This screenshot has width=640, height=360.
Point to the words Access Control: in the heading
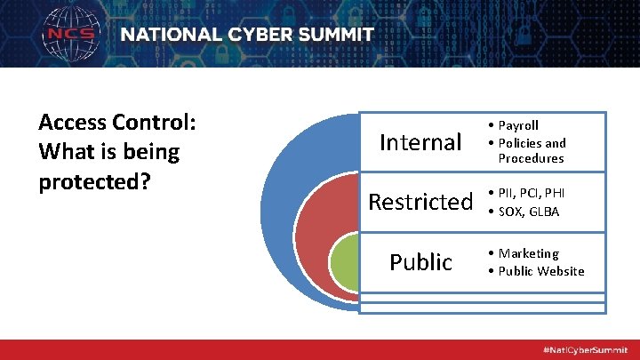click(116, 122)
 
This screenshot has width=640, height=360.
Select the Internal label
click(420, 142)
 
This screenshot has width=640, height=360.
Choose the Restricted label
click(420, 202)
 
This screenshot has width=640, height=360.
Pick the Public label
click(420, 262)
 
